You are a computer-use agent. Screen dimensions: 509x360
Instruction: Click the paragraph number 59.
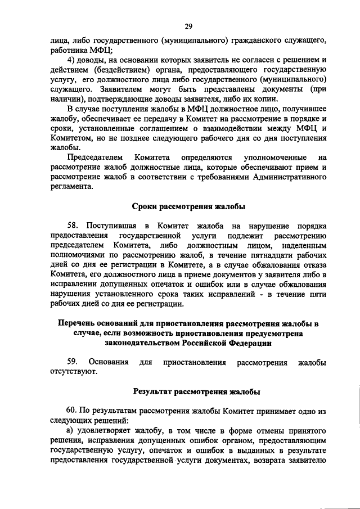coord(73,362)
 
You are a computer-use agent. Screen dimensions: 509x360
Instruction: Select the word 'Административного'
coord(291,178)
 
